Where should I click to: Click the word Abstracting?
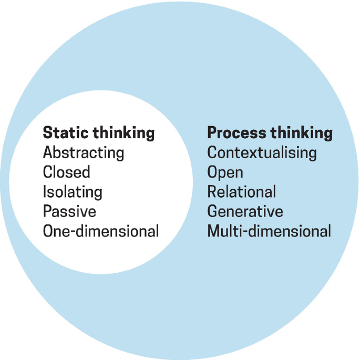point(84,153)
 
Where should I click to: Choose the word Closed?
point(66,172)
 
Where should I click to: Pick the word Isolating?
point(73,192)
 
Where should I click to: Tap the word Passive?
point(69,211)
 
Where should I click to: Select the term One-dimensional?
point(100,231)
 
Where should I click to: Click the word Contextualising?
point(262,153)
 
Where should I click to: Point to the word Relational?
point(241,192)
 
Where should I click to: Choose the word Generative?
point(245,211)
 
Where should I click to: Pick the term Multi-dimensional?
point(269,231)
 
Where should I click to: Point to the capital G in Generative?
point(212,211)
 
